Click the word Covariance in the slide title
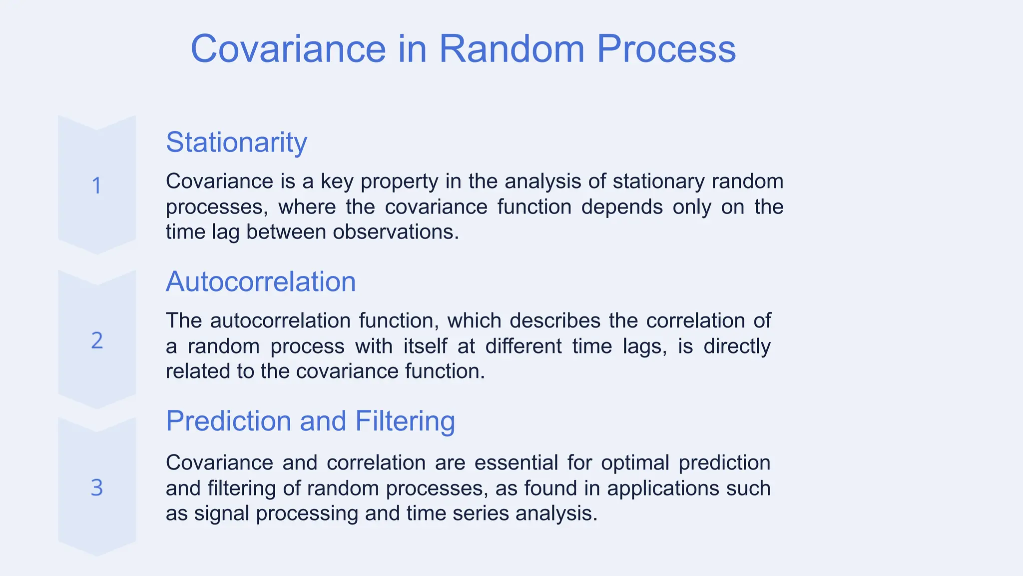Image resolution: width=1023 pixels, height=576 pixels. coord(288,49)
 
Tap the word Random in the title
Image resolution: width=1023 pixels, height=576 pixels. coord(511,49)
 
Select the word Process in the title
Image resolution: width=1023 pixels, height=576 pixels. coord(666,49)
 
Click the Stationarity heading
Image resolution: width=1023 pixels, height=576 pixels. coord(236,142)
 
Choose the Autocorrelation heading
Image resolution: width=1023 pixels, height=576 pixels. coord(261,281)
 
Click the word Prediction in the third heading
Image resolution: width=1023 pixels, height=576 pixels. coord(228,421)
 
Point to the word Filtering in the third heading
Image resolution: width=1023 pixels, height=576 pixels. coord(405,421)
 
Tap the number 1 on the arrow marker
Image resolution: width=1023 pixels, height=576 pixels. coord(97,186)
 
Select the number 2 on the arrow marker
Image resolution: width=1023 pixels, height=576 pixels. coord(97,341)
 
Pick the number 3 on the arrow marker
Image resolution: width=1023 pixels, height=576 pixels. coord(97,488)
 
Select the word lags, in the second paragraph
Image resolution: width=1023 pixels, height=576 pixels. coord(645,346)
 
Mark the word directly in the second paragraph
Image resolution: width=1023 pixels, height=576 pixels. coord(737,346)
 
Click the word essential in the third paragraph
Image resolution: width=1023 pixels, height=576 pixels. coord(516,463)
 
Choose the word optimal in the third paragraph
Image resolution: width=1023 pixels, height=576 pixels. coord(634,463)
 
